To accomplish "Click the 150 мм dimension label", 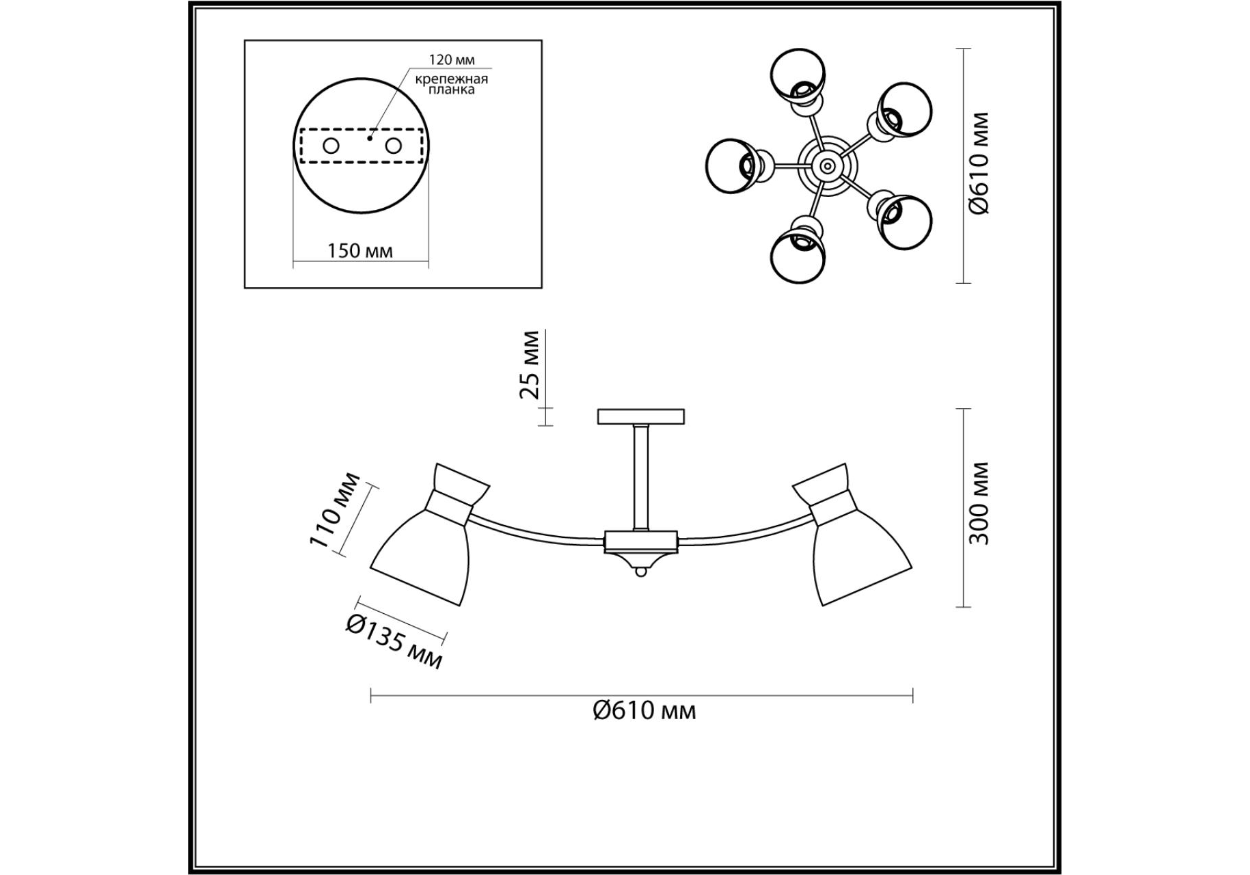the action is click(x=360, y=251).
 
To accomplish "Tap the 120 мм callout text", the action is click(x=452, y=60).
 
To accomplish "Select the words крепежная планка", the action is click(x=452, y=84).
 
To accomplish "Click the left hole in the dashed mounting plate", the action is click(x=331, y=146).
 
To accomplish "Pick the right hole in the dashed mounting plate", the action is click(x=393, y=146).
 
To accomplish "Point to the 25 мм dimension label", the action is click(x=530, y=365).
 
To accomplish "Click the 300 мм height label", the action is click(x=979, y=503).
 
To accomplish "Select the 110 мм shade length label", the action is click(x=335, y=509).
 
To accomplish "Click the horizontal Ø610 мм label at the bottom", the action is click(x=644, y=711).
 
